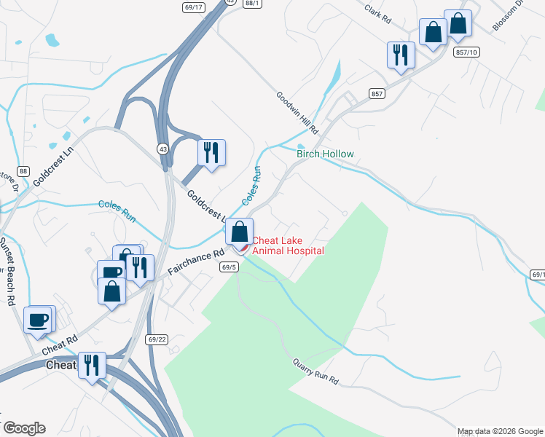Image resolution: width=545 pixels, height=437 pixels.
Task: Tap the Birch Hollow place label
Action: click(325, 154)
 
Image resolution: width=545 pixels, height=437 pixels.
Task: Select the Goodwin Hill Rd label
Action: click(297, 112)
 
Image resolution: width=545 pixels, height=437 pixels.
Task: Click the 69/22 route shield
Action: click(157, 339)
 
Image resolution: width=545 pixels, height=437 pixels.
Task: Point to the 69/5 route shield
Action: click(228, 267)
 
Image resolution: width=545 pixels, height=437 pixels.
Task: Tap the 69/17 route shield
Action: click(194, 7)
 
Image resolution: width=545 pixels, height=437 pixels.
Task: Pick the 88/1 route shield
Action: click(251, 4)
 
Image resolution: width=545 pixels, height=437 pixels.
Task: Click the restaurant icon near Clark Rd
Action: click(401, 55)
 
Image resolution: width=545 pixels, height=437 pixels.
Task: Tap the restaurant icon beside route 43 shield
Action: click(211, 153)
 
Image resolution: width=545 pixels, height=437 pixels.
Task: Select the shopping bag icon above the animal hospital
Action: click(239, 232)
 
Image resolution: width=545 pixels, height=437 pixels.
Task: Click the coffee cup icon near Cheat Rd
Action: click(38, 318)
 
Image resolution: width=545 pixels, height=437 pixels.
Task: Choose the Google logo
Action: click(23, 428)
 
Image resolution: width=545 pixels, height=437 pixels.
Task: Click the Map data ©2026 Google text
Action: click(500, 431)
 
